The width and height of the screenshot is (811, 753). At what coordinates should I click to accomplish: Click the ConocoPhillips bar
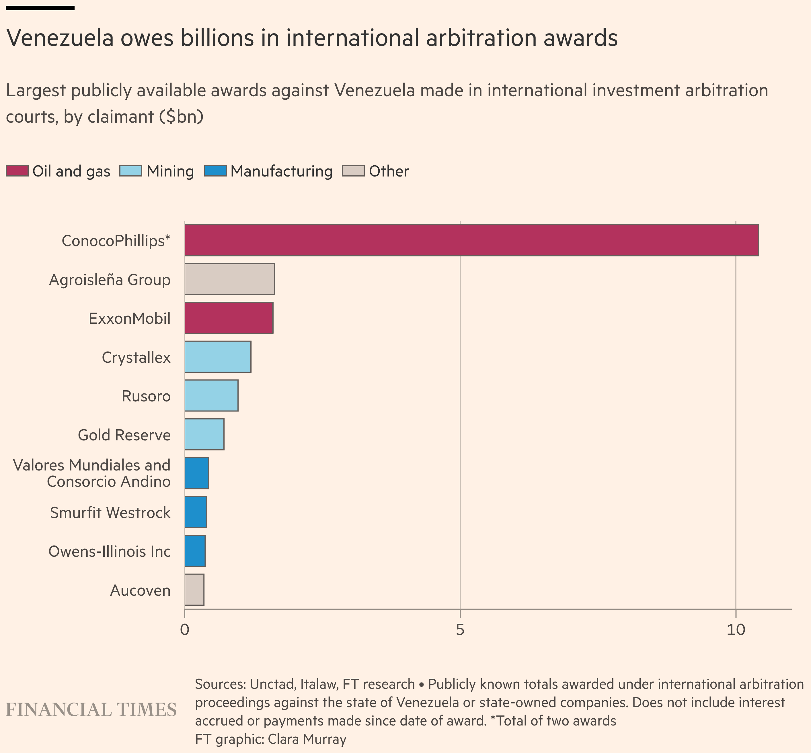click(471, 240)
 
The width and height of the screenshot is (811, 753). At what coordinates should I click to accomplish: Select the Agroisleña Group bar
click(229, 279)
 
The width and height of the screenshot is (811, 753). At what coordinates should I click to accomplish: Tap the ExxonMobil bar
click(229, 318)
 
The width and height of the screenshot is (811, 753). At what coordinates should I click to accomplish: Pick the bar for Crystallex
click(218, 356)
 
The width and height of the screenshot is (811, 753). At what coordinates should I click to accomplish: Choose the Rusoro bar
click(211, 395)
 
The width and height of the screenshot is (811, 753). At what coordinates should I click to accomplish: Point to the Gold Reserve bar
click(204, 434)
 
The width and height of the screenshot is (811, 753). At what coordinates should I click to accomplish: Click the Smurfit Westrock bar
click(196, 512)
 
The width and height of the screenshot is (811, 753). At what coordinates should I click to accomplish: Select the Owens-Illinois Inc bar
click(195, 551)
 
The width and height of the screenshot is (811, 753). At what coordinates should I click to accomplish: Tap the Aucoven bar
click(194, 590)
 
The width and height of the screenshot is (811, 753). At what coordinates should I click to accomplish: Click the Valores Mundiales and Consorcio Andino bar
click(196, 473)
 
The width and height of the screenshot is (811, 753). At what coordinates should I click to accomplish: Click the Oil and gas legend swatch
click(17, 171)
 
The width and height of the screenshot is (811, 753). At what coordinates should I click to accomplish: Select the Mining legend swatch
click(131, 171)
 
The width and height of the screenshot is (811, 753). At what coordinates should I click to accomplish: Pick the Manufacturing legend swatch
click(216, 171)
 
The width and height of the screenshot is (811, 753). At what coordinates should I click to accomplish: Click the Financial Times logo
click(91, 709)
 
